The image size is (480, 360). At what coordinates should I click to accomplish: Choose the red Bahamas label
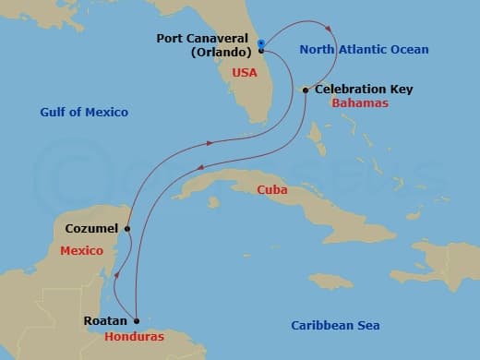tap(359, 103)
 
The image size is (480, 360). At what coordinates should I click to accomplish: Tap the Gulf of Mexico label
tap(84, 113)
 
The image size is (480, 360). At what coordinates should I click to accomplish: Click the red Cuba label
tap(272, 190)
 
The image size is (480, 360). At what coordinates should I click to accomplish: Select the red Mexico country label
tap(80, 250)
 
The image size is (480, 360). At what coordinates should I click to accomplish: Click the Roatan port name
tap(103, 322)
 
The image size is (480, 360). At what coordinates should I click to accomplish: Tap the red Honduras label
tap(134, 336)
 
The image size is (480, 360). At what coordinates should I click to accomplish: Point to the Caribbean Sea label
tap(335, 325)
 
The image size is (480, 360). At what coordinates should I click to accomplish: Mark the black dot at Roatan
tap(136, 321)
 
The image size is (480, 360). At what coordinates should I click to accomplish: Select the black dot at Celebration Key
tap(306, 90)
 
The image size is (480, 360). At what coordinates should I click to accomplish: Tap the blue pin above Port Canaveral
tap(261, 42)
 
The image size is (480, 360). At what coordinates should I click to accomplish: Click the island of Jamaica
tap(330, 280)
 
